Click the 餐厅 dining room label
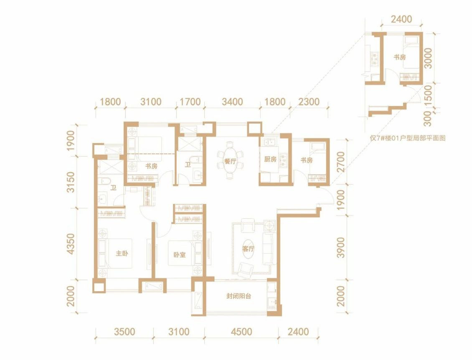230,161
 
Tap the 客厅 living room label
248,249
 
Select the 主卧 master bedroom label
122,253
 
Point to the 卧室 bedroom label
180,255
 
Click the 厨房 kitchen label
270,159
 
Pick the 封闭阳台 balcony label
239,296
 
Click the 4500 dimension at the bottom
242,332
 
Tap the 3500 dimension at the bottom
125,332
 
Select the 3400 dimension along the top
232,102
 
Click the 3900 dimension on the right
340,247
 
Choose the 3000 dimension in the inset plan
427,58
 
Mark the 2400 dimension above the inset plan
401,19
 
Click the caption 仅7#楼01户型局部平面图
407,138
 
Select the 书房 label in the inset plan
400,57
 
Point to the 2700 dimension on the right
340,162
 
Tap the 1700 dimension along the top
190,102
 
